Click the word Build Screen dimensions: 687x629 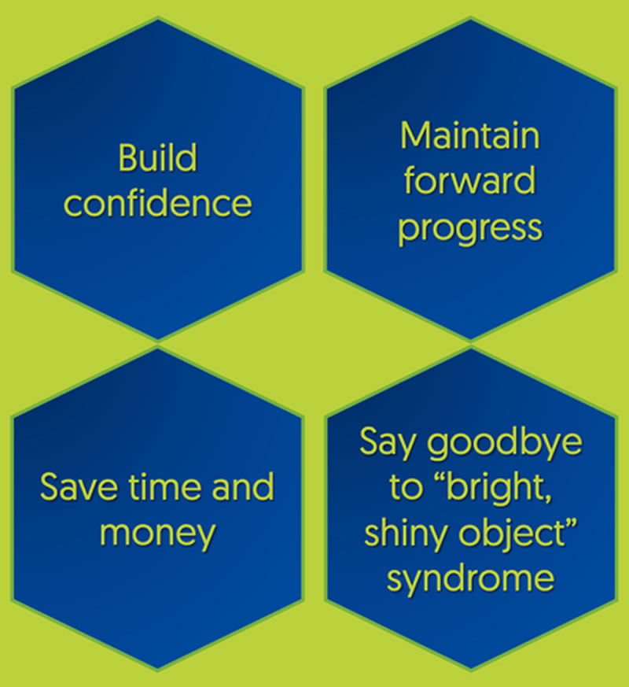[157, 158]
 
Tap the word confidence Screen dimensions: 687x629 [157, 203]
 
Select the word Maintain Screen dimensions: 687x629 [470, 137]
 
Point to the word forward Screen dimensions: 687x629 [470, 182]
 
